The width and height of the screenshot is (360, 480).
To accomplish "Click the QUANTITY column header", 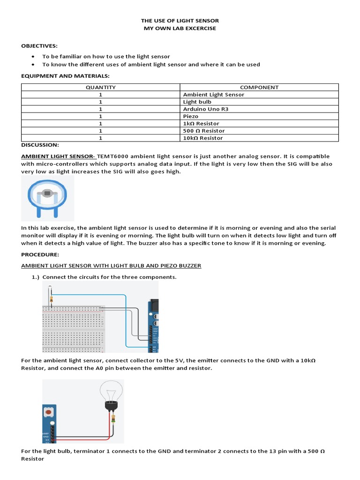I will pyautogui.click(x=100, y=87).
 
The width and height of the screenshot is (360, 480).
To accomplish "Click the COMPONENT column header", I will pyautogui.click(x=259, y=87).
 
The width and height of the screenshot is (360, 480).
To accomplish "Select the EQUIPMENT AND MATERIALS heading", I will pyautogui.click(x=65, y=75).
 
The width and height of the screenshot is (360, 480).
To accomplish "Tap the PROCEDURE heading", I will pyautogui.click(x=40, y=254).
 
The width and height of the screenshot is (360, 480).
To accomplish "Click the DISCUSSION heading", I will pyautogui.click(x=40, y=145).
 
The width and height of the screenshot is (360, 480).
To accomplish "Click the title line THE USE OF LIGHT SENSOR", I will pyautogui.click(x=180, y=21).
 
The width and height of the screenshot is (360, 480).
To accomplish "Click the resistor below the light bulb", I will pyautogui.click(x=112, y=418).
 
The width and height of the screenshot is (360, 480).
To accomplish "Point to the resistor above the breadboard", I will pyautogui.click(x=51, y=298).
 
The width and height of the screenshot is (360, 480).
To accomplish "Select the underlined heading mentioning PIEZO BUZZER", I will pyautogui.click(x=111, y=265).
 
